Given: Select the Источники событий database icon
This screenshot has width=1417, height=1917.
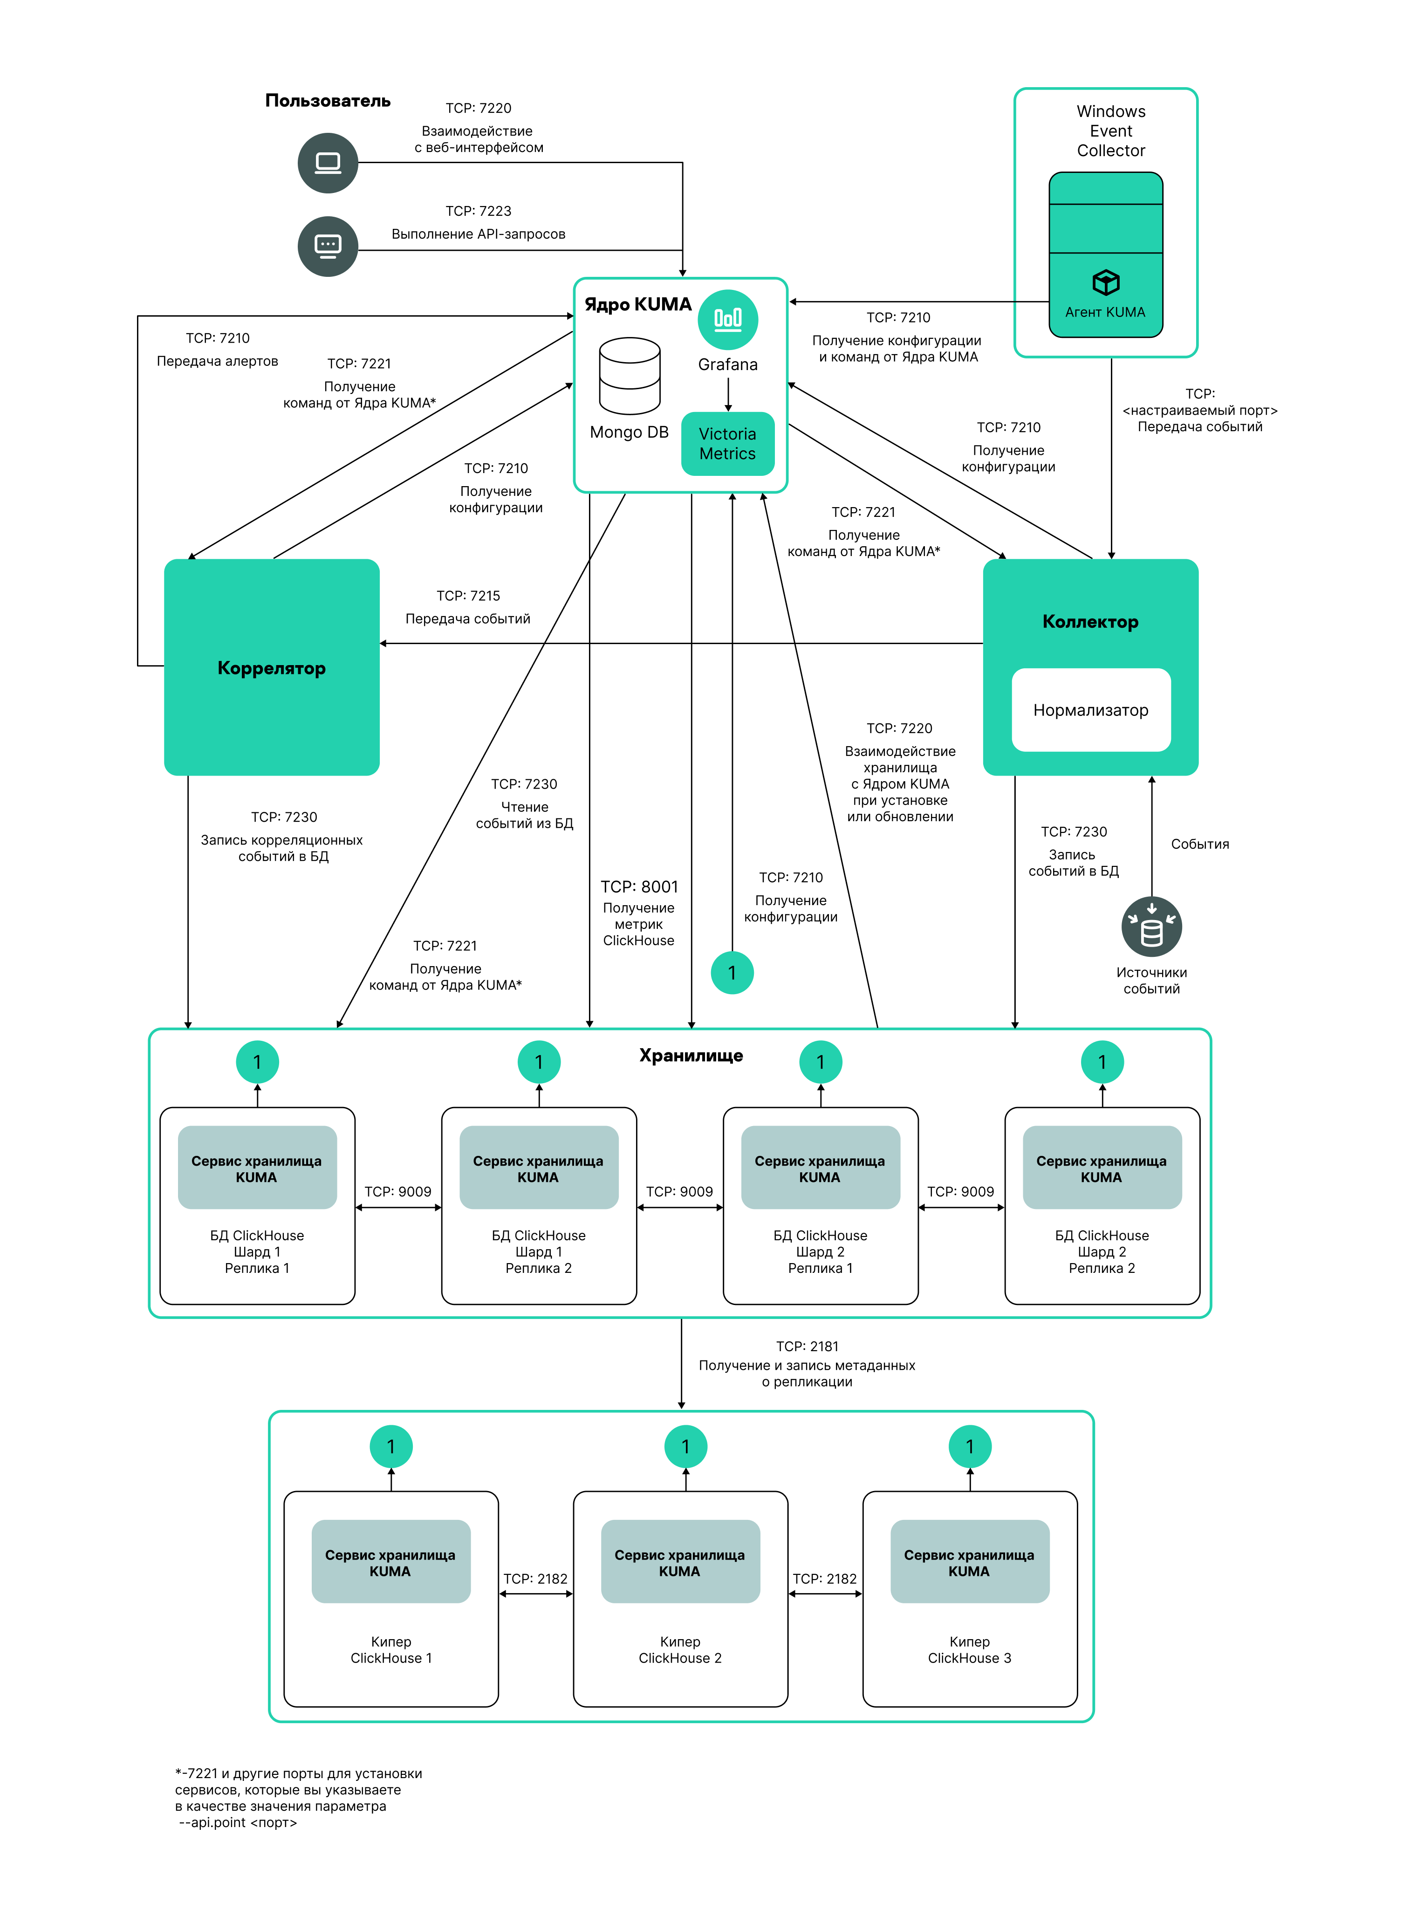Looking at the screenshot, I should click(1151, 927).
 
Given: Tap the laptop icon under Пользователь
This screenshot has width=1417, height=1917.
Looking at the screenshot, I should click(328, 163).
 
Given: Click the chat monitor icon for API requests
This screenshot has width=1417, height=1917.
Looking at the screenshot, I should click(328, 246).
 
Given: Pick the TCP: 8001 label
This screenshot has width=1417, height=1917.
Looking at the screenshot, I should click(639, 887).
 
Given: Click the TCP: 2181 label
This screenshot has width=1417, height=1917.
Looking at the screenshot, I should click(807, 1347).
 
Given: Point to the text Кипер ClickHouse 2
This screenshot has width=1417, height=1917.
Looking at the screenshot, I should click(680, 1649).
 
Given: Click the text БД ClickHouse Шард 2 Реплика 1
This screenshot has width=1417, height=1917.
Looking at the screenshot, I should click(820, 1251).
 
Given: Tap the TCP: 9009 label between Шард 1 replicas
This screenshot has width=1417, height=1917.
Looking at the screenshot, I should click(398, 1191).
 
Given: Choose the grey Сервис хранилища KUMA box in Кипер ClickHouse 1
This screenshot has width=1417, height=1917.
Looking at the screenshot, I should click(390, 1562).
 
